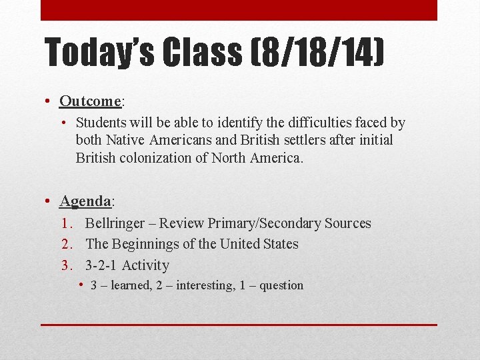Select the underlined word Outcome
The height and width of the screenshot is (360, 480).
click(x=89, y=101)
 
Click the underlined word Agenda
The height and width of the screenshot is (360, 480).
click(x=85, y=201)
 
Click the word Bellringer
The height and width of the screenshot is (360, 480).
click(x=117, y=223)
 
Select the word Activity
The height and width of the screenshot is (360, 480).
click(x=146, y=265)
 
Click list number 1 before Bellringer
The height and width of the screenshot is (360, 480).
click(x=65, y=223)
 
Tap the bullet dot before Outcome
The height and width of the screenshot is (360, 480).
click(x=49, y=101)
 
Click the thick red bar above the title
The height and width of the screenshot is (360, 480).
click(x=239, y=10)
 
